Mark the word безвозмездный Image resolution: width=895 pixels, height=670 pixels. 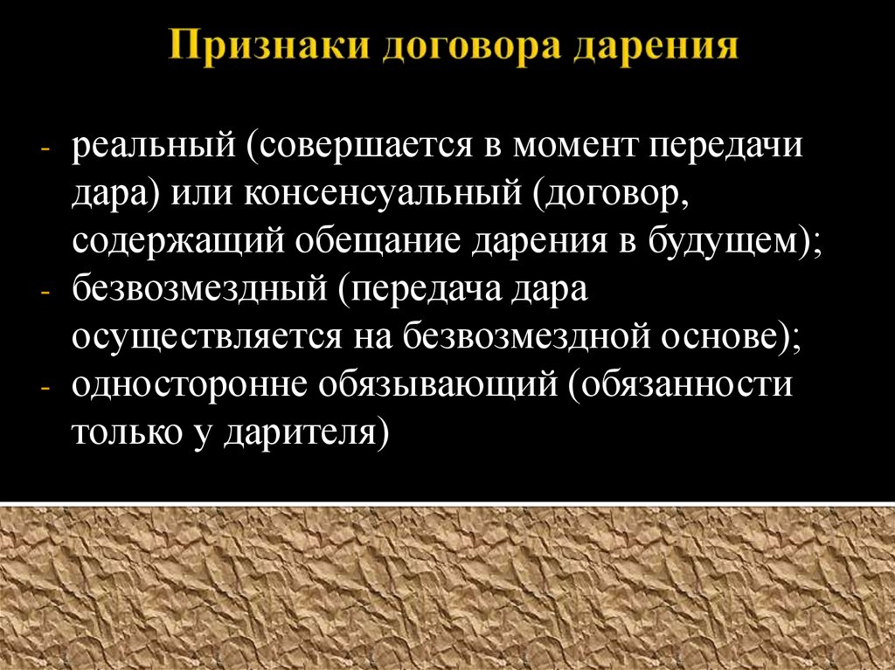point(200,291)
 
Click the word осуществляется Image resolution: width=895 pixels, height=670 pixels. point(207,339)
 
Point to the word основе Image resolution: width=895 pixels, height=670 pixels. point(721,338)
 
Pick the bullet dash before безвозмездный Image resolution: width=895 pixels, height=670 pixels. point(46,294)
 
